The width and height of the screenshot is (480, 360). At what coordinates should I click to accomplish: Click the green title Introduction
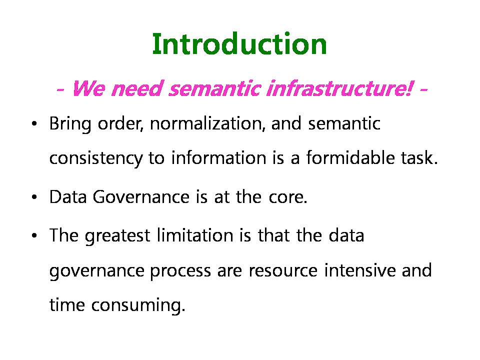tap(239, 44)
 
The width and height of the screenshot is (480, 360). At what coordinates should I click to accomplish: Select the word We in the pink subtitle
tap(89, 88)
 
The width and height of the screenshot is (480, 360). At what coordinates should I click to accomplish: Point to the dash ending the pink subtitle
tap(423, 90)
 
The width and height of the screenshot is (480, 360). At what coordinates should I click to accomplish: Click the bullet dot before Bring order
tap(34, 124)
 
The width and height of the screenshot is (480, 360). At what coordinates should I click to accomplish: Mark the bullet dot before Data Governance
tap(34, 197)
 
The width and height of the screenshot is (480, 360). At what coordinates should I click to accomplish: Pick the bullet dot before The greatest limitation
tap(34, 236)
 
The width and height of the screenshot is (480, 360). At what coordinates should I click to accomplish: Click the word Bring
tap(70, 124)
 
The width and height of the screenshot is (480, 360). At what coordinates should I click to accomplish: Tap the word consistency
tap(96, 159)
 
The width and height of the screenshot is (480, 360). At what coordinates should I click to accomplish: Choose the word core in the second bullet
tap(288, 197)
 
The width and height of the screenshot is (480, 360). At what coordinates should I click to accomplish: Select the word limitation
tap(195, 235)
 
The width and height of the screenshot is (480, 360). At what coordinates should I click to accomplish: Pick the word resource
tap(283, 271)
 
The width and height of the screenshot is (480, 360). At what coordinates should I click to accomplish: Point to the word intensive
tap(360, 270)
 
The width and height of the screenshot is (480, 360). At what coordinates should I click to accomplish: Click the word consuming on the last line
tap(138, 305)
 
